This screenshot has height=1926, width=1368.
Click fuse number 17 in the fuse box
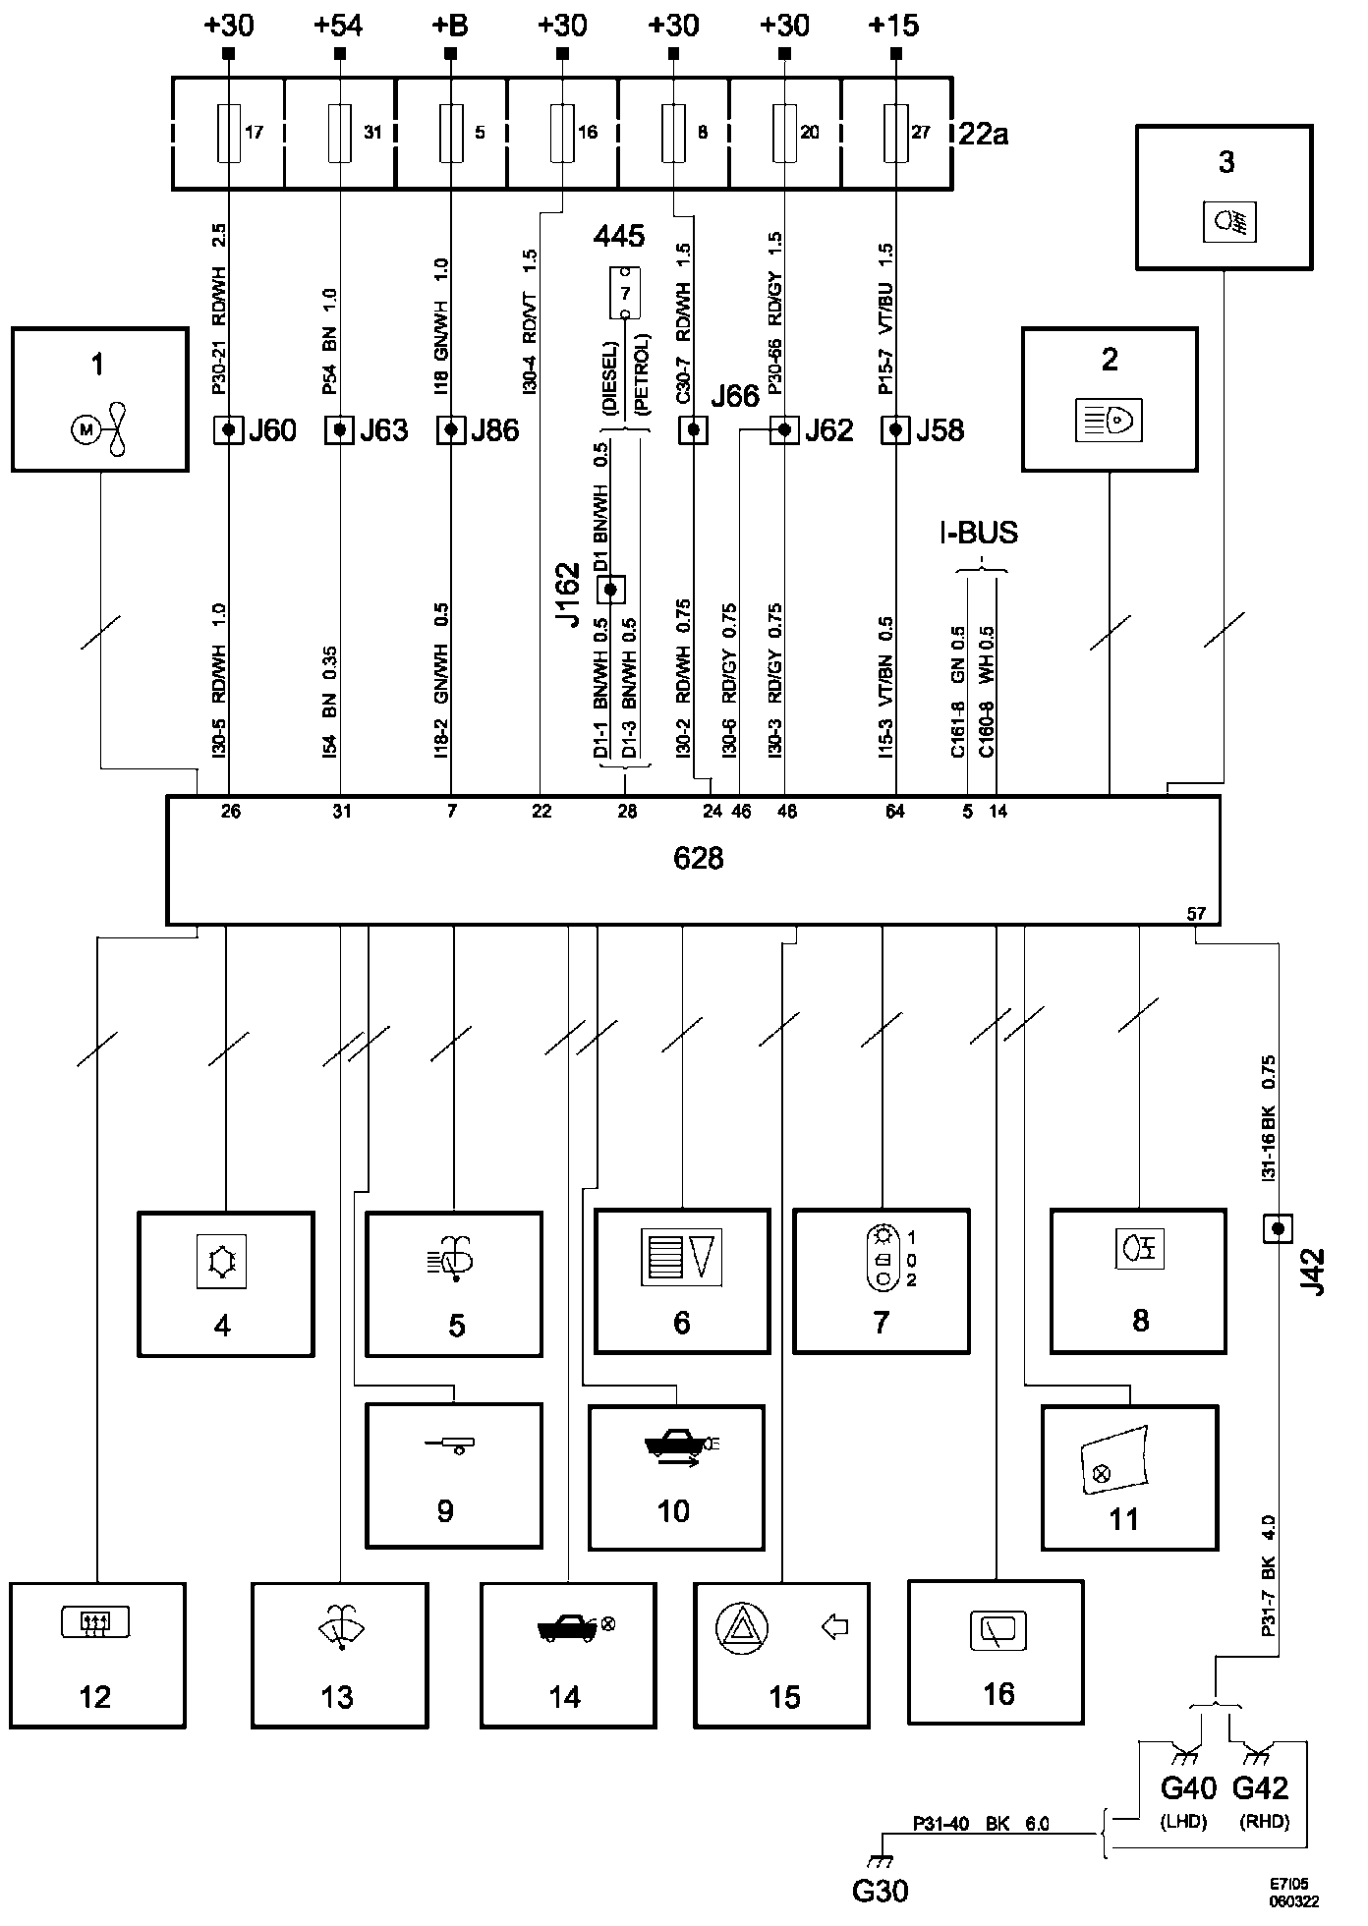229,133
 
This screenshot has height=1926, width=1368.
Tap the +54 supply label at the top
339,25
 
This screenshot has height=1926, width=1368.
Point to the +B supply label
450,25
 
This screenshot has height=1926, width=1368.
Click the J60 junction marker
229,430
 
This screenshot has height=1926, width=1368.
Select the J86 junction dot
451,430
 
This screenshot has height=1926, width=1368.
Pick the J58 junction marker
895,430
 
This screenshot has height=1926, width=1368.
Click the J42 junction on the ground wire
1277,1228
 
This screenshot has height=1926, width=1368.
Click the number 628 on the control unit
698,859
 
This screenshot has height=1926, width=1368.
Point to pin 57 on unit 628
1196,913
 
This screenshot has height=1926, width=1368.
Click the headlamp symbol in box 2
1110,422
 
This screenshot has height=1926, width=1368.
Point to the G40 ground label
1187,1786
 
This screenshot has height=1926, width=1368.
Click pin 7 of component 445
625,293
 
